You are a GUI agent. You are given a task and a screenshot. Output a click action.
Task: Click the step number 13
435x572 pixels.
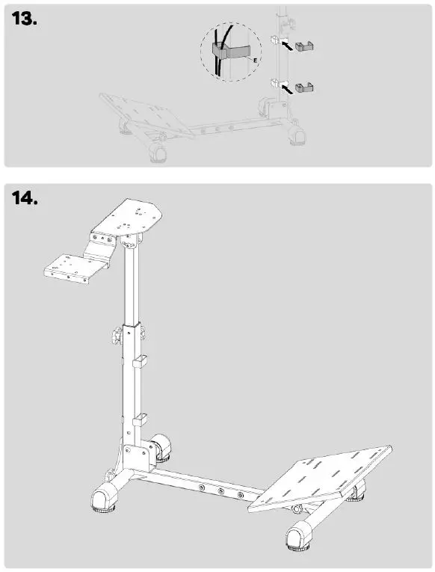coord(25,19)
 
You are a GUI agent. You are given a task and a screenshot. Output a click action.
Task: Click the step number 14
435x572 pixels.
coord(25,200)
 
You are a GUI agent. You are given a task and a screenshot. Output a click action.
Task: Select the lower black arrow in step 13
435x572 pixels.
coord(286,87)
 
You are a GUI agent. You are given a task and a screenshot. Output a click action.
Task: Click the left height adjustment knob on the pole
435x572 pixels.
coord(117,336)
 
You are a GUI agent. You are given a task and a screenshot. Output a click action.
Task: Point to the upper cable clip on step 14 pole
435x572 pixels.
coord(139,363)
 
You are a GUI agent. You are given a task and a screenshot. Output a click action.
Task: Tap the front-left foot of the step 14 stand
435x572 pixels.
coord(105,497)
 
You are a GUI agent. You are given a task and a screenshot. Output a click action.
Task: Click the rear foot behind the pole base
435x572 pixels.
coord(162,449)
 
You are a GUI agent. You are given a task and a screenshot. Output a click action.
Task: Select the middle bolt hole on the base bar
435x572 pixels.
coord(220,492)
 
